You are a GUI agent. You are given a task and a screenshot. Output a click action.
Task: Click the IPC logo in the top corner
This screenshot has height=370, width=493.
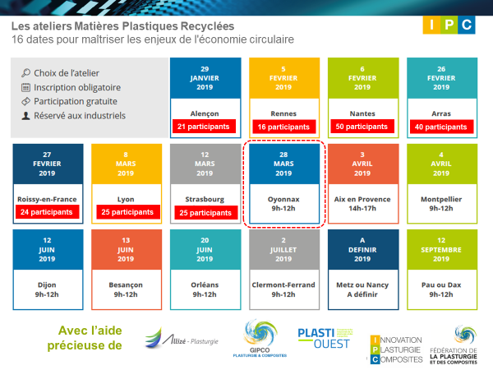pos(449,25)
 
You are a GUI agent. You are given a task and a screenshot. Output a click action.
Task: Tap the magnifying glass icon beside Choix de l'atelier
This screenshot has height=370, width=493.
pos(25,73)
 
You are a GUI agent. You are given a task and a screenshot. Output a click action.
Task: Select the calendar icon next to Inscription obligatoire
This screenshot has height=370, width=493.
pos(25,87)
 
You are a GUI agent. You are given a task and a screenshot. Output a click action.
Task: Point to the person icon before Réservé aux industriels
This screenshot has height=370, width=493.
pos(25,116)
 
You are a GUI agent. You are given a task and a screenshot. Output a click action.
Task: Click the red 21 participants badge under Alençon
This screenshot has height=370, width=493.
pos(204,127)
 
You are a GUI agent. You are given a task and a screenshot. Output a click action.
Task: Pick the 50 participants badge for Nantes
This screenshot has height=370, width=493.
pos(362,127)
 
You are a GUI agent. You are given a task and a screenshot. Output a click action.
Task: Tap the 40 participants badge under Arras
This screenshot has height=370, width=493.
pos(441,127)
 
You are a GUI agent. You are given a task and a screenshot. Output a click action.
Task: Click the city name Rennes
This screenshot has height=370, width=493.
pos(283,113)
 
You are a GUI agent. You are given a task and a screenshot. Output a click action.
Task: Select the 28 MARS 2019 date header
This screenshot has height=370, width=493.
pos(284,164)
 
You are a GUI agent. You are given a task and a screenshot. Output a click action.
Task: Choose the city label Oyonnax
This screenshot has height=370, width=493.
pos(283,199)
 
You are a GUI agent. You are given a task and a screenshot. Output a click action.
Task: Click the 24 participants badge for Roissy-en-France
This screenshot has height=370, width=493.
pos(47,212)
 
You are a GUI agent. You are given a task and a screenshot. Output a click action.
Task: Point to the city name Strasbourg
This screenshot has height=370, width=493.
pos(205,199)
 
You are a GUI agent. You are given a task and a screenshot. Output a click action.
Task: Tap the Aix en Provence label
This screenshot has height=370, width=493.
pos(362,199)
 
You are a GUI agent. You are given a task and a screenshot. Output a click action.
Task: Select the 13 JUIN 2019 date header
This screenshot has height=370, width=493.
pos(126,249)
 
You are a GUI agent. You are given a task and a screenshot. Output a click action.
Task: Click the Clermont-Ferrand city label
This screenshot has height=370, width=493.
pos(283,284)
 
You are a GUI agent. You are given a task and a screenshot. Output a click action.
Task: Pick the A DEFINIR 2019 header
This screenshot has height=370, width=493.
pos(363,249)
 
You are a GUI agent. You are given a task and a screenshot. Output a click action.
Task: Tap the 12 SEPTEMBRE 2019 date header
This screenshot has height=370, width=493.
pos(442,249)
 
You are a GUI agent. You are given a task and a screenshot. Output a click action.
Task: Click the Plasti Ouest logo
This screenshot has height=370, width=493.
pos(325,338)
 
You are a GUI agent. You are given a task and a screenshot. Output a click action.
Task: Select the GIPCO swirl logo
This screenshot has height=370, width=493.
pos(260,338)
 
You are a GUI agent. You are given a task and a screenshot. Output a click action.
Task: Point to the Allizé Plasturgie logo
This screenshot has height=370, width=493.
pos(182,338)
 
